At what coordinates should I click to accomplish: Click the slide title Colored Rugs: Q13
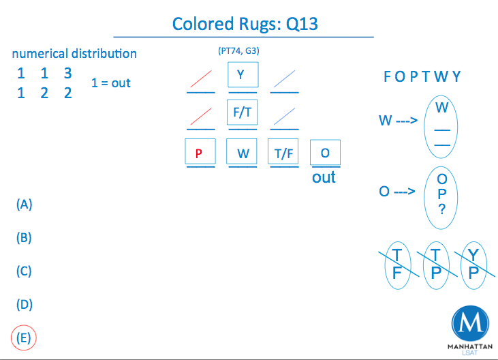coord(245,24)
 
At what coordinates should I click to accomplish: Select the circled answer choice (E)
coord(25,337)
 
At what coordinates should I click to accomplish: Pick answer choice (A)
coord(25,204)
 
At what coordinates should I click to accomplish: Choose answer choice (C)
coord(25,271)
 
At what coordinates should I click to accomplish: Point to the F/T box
coord(243,112)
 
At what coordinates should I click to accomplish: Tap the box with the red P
coord(200,153)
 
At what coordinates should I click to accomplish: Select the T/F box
coord(283,153)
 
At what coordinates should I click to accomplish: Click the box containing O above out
coord(325,153)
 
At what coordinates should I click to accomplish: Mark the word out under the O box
coord(324,177)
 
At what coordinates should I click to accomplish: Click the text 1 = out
coord(111,82)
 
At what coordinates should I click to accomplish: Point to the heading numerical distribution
coord(74,53)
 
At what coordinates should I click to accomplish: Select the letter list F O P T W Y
coord(422,76)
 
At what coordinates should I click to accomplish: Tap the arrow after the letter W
coord(405,121)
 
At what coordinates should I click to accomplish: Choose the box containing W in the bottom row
coord(243,153)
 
